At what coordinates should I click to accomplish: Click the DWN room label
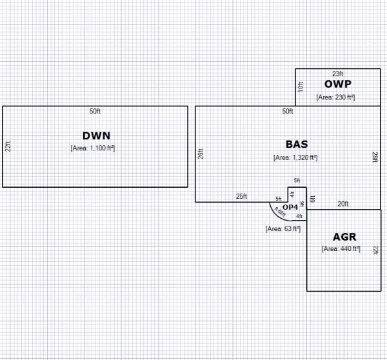coord(97,135)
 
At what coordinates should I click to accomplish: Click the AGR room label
coord(344,237)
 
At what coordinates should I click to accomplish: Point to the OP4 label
coord(290,206)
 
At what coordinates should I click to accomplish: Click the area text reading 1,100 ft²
coord(97,148)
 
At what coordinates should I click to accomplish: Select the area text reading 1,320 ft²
coord(295,157)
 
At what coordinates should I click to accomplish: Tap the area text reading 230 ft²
coord(336,97)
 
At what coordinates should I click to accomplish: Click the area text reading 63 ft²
coord(283,228)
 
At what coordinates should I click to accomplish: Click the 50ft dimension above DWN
coord(95,112)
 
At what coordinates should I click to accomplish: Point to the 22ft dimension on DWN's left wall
coord(8,146)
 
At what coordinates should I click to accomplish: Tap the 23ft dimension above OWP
coord(337,74)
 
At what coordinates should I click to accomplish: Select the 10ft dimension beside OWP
coord(301,86)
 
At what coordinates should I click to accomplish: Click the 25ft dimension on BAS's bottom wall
coord(240,196)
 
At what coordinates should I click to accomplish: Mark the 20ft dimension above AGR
coord(343,204)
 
